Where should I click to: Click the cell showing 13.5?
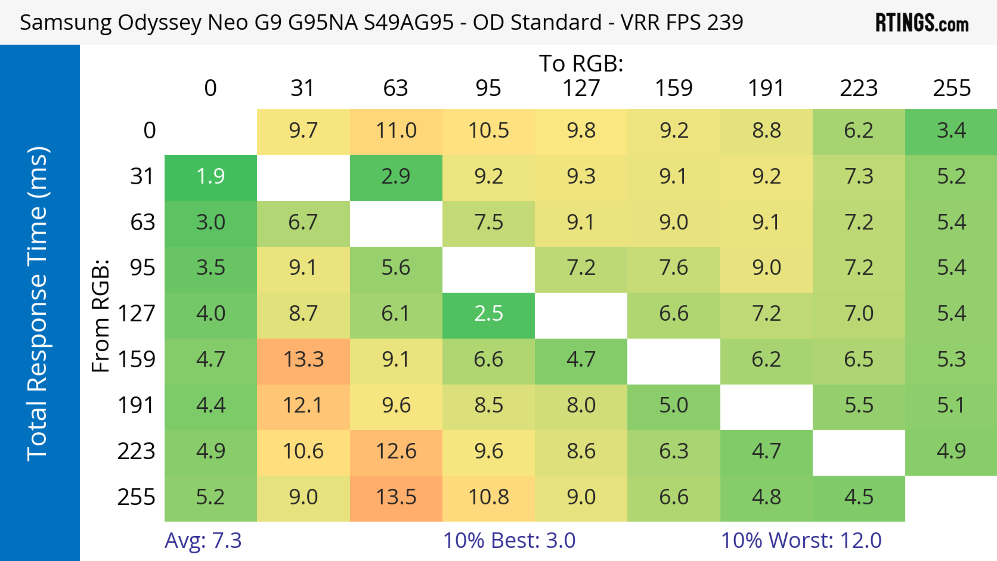[396, 497]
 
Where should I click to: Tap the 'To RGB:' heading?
[581, 63]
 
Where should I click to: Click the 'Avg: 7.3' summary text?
[203, 540]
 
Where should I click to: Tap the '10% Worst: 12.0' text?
[801, 540]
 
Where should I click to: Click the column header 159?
[673, 88]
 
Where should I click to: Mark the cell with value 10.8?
[488, 497]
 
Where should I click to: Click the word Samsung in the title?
[66, 22]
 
